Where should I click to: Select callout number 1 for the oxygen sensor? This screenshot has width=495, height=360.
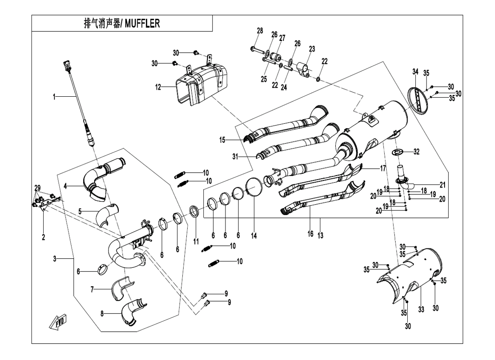pyautogui.click(x=54, y=97)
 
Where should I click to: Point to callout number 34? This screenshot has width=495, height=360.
pyautogui.click(x=415, y=72)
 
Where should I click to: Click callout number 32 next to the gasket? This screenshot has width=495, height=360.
pyautogui.click(x=416, y=152)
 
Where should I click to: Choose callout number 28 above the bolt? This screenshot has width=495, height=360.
pyautogui.click(x=260, y=31)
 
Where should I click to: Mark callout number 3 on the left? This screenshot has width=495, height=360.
pyautogui.click(x=54, y=259)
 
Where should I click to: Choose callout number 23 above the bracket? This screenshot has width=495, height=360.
pyautogui.click(x=311, y=48)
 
